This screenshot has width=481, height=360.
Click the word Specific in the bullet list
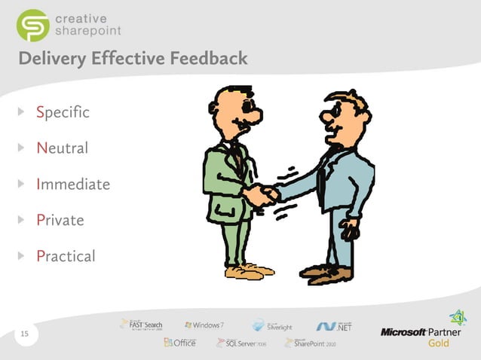pos(63,113)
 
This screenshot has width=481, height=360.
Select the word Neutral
pos(62,148)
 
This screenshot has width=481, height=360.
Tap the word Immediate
pos(73,184)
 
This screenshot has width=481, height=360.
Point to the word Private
pos(60,220)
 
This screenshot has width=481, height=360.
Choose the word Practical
pos(66,256)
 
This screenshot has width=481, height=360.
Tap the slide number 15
pos(25,334)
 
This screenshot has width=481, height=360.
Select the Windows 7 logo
pos(204,325)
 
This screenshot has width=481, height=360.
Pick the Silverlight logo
pos(274,325)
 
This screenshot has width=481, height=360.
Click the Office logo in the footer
pos(180,343)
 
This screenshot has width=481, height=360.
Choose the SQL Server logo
pos(240,343)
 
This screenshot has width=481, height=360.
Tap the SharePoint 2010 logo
pos(310,343)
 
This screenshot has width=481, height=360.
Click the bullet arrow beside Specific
pos(22,113)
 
